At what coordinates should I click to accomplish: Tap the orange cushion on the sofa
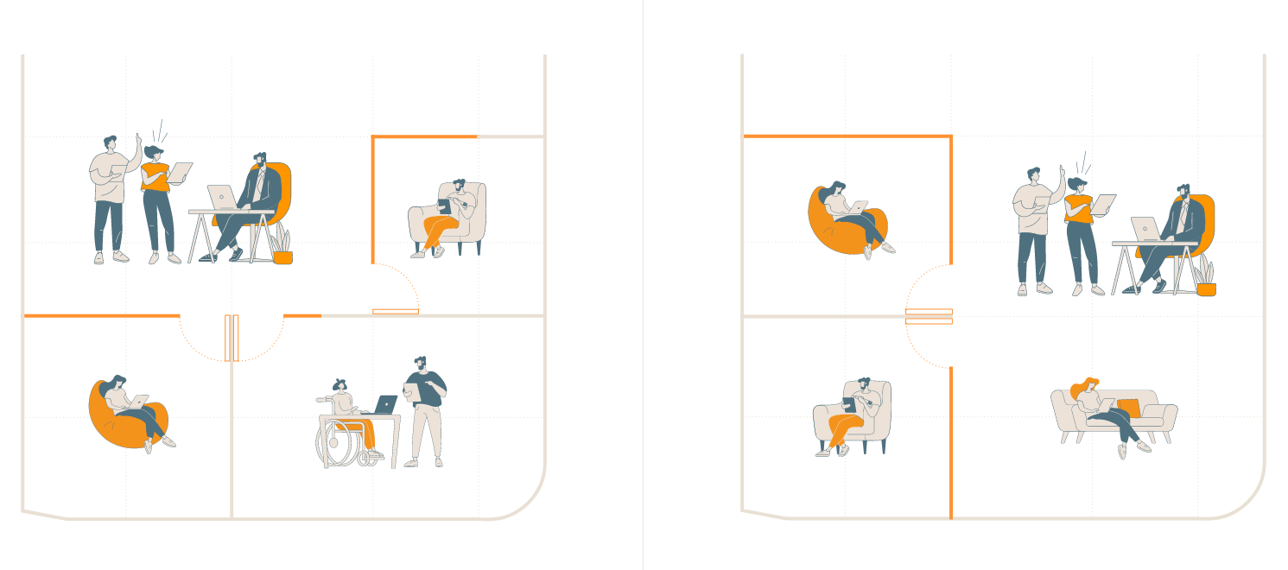pyautogui.click(x=1128, y=408)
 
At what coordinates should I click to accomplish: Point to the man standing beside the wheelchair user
pyautogui.click(x=426, y=411)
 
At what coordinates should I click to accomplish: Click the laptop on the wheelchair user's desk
pyautogui.click(x=385, y=404)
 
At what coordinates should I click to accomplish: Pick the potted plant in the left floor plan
pyautogui.click(x=282, y=247)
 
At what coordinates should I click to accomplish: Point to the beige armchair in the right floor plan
pyautogui.click(x=853, y=415)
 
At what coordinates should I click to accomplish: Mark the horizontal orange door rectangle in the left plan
pyautogui.click(x=396, y=311)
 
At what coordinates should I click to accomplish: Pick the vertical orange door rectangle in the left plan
pyautogui.click(x=232, y=338)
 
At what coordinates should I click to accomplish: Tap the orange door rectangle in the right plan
pyautogui.click(x=929, y=316)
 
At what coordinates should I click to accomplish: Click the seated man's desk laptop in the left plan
pyautogui.click(x=221, y=198)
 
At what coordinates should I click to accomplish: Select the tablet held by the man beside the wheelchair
pyautogui.click(x=410, y=391)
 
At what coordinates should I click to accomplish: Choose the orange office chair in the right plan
pyautogui.click(x=1205, y=225)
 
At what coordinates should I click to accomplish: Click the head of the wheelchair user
pyautogui.click(x=339, y=385)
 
